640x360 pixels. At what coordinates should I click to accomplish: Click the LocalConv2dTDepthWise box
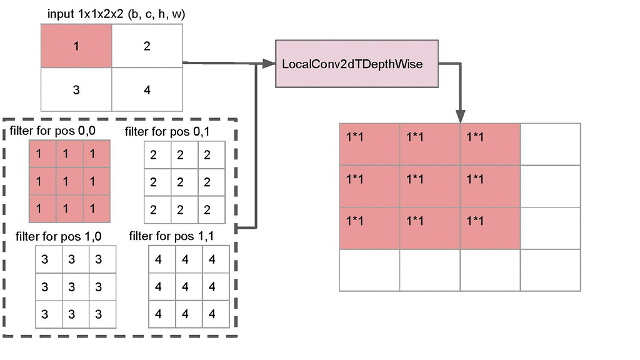pos(352,64)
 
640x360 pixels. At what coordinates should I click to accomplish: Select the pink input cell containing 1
pos(76,46)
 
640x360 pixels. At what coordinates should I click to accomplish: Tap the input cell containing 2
pos(147,46)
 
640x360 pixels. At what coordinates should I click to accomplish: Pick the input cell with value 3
pos(76,89)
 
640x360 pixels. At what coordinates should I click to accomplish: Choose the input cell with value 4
pos(147,89)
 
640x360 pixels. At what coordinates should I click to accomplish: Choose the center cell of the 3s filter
pos(72,287)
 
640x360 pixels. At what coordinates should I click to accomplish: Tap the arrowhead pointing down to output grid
pos(461,117)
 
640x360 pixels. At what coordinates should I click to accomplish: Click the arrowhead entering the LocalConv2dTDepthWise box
pos(269,63)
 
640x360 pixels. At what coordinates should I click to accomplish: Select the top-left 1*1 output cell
pos(369,144)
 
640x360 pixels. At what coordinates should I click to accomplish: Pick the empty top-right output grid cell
pos(550,144)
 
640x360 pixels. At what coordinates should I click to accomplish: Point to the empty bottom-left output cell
pos(369,270)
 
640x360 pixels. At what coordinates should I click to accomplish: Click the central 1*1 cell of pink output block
pos(430,186)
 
